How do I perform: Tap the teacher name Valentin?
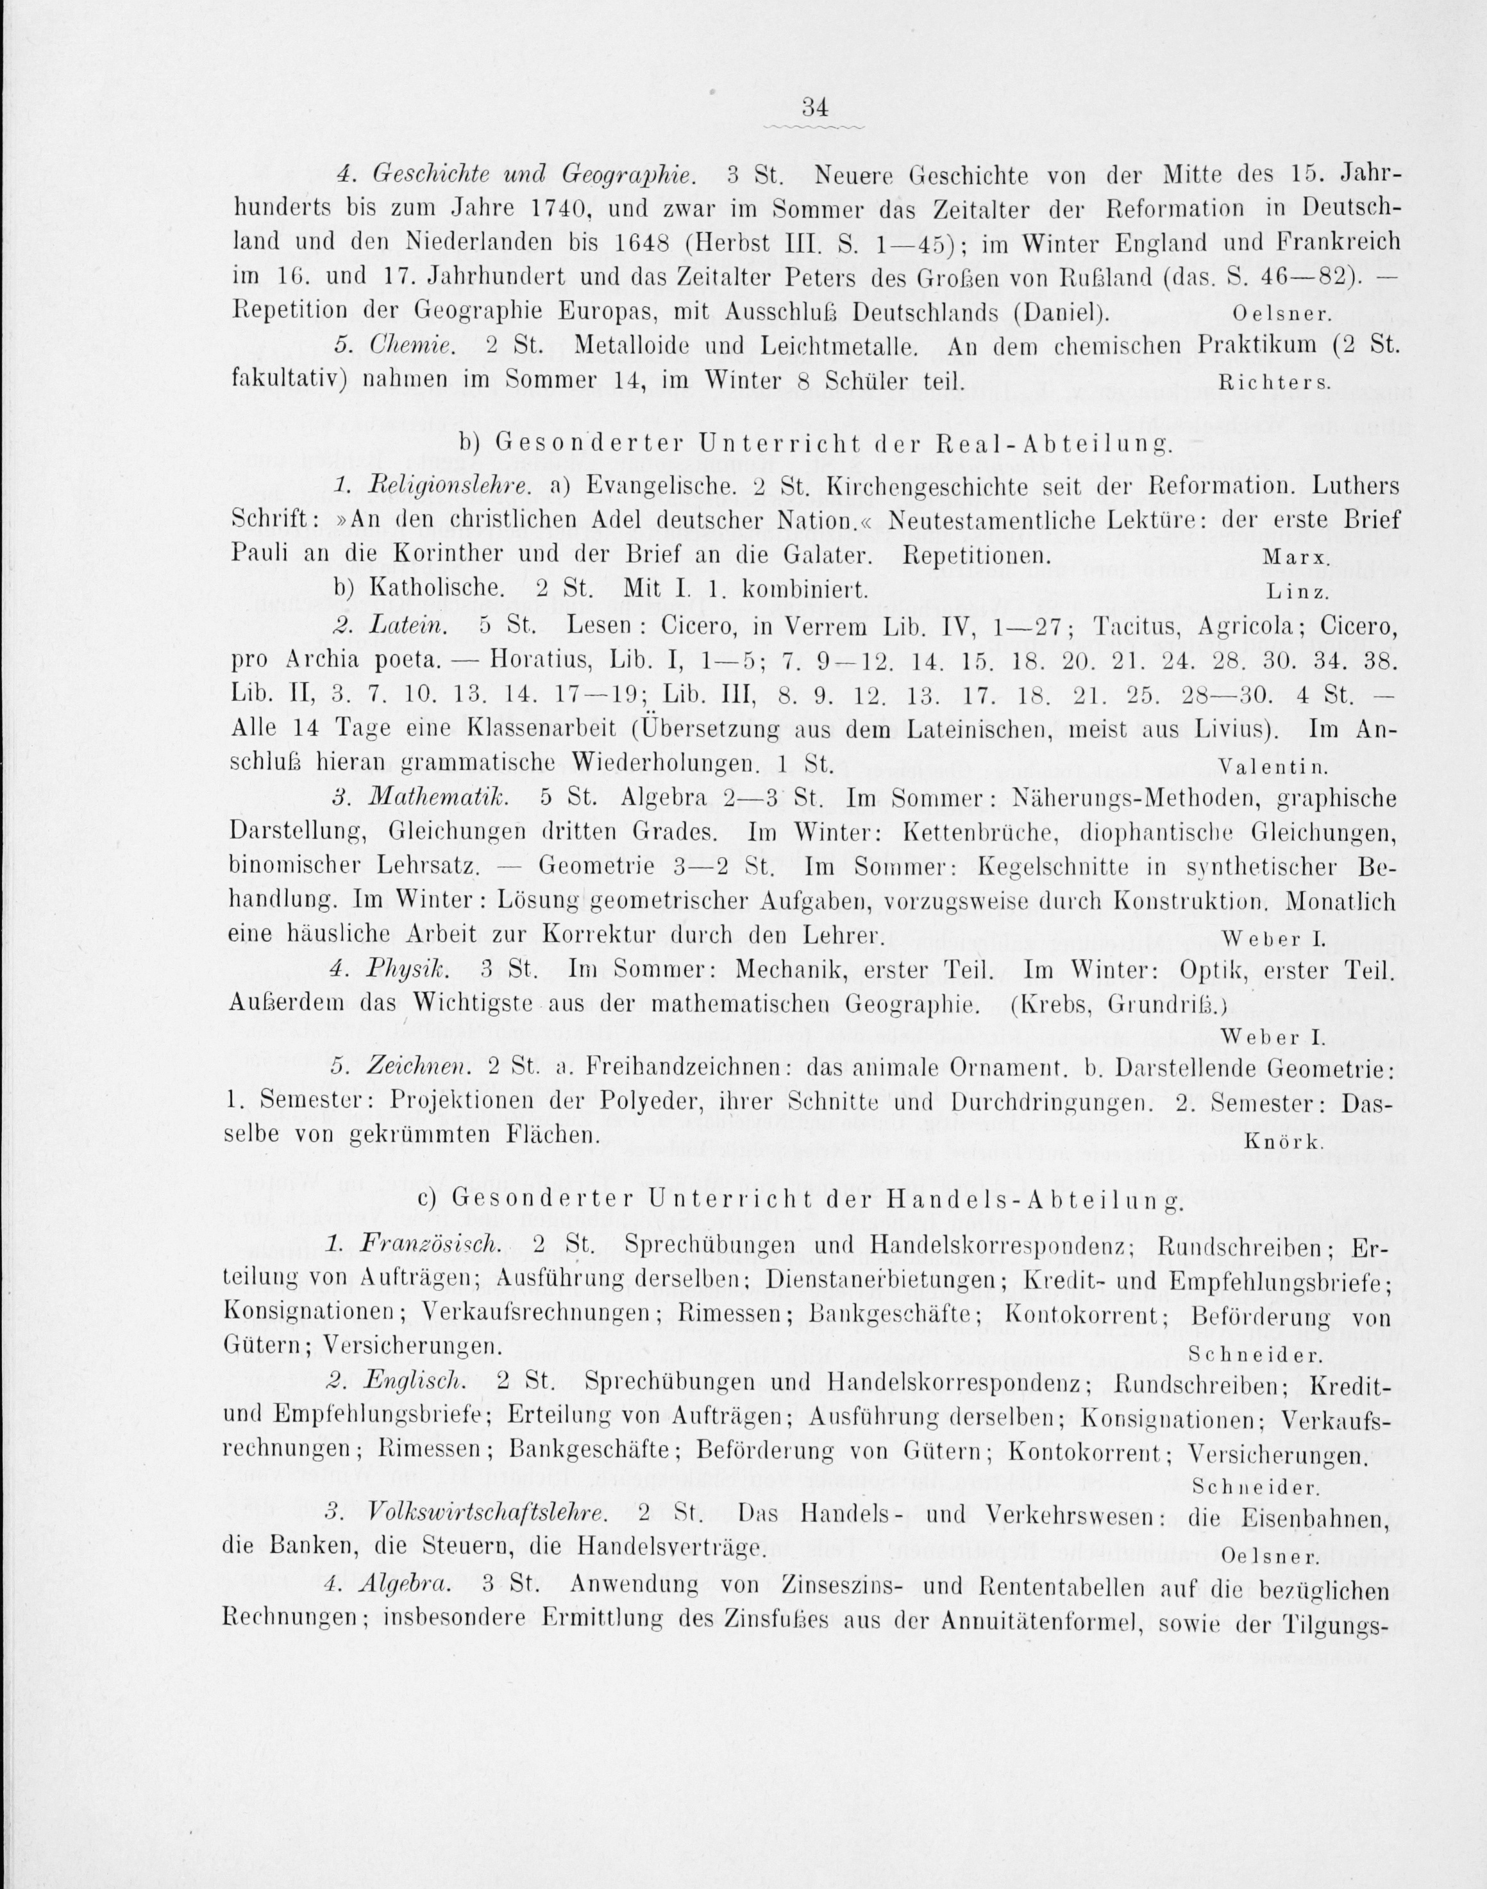click(x=1272, y=767)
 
